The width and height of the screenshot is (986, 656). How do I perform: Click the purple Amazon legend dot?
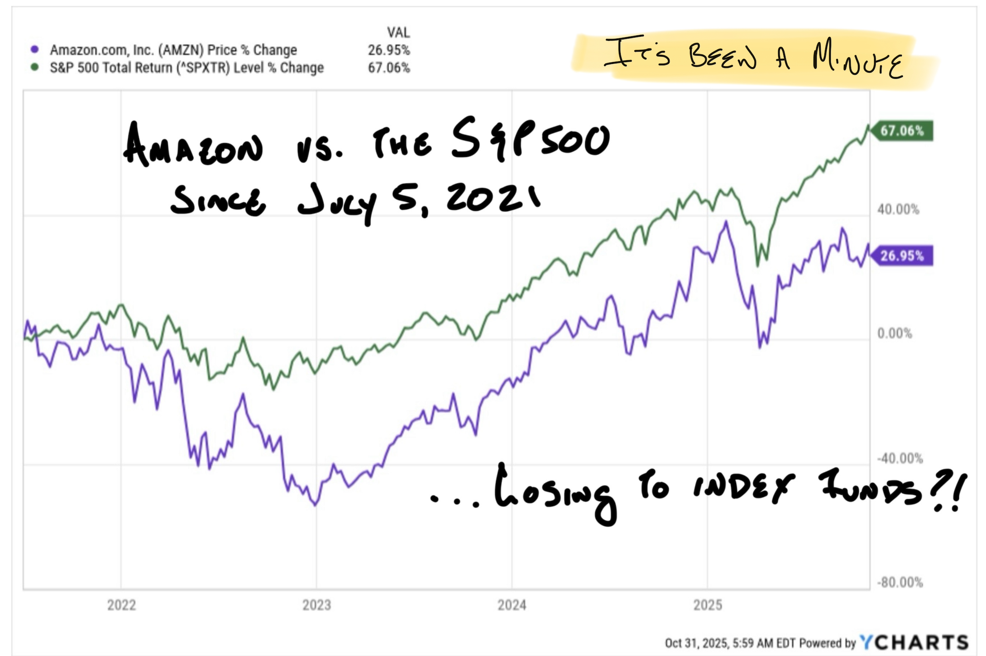pyautogui.click(x=34, y=49)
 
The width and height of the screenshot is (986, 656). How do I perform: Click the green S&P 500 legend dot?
pyautogui.click(x=34, y=68)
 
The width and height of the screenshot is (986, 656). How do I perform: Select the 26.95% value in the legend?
pyautogui.click(x=388, y=50)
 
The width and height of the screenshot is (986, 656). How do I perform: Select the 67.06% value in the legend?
pyautogui.click(x=388, y=68)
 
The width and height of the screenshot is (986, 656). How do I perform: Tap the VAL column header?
pyautogui.click(x=398, y=33)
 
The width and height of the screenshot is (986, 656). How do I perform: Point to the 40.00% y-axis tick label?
pyautogui.click(x=898, y=209)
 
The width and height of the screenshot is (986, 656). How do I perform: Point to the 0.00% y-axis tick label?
pyautogui.click(x=895, y=333)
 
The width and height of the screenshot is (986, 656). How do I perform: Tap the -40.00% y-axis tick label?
pyautogui.click(x=900, y=458)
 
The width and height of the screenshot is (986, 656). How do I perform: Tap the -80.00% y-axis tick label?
pyautogui.click(x=900, y=582)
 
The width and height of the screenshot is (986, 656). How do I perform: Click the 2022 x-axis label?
pyautogui.click(x=121, y=605)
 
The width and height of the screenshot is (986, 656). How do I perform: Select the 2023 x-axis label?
pyautogui.click(x=316, y=605)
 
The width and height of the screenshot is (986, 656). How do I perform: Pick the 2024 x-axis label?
pyautogui.click(x=512, y=605)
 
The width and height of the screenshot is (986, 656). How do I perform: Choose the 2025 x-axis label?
pyautogui.click(x=708, y=605)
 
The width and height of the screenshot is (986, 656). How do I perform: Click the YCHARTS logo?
pyautogui.click(x=914, y=642)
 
